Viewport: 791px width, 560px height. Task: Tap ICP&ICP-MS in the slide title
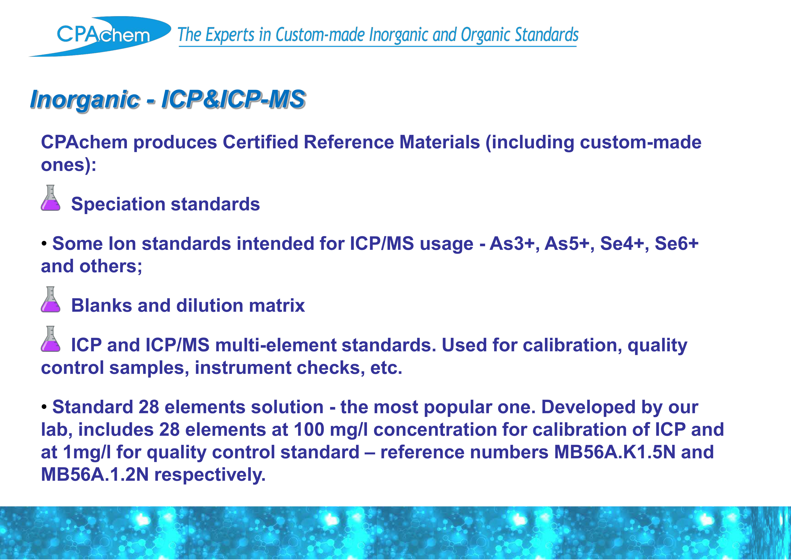coord(233,99)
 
